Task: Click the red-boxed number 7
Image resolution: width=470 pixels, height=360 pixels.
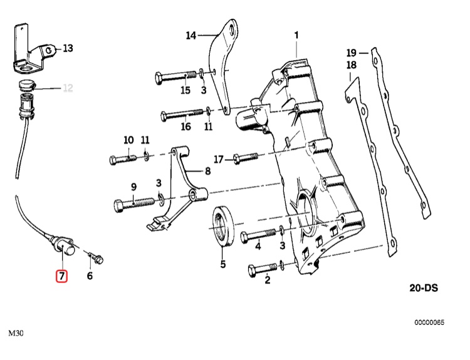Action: (61, 275)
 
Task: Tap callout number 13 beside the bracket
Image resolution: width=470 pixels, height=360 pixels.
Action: (68, 48)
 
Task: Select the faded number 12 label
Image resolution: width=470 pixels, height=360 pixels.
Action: (68, 88)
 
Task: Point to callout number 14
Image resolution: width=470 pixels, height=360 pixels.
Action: (191, 35)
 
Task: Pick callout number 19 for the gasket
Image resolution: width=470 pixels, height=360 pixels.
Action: (351, 52)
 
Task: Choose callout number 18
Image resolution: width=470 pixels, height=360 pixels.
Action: (351, 65)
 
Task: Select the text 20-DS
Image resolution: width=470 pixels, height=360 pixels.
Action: (421, 288)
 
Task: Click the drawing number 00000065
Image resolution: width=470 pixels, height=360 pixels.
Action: (429, 322)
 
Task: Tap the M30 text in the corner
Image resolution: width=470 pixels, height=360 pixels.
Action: (16, 332)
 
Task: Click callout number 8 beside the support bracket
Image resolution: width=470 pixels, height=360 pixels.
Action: (207, 170)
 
